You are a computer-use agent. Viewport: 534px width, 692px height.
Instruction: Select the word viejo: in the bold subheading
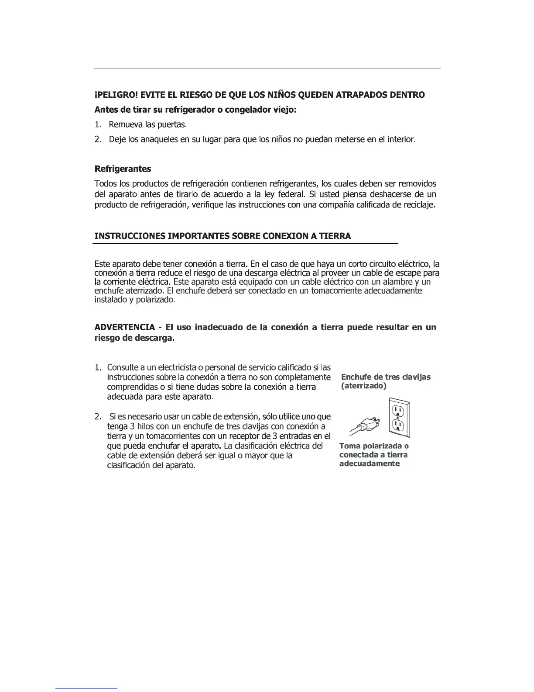[283, 110]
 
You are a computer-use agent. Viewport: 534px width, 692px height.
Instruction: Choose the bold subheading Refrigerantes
[123, 169]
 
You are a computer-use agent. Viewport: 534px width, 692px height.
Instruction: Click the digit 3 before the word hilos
[133, 426]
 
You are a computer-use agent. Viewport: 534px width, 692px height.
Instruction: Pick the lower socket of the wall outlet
[399, 425]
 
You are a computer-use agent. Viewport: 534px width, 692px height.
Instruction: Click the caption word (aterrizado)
[364, 387]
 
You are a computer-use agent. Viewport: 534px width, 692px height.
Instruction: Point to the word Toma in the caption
[349, 446]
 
